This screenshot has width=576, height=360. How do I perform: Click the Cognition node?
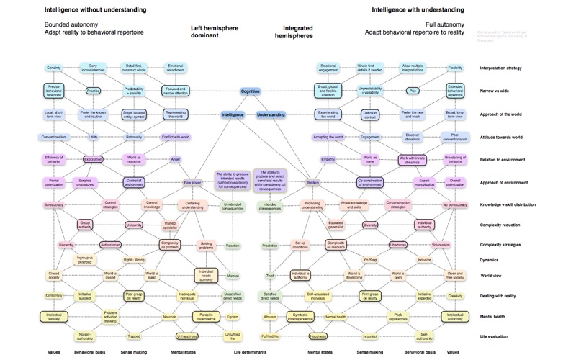(251, 91)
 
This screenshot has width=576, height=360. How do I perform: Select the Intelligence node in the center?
(233, 114)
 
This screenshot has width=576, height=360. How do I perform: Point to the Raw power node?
(192, 182)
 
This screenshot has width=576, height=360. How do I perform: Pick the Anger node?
(175, 159)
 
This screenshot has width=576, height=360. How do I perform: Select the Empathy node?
(328, 159)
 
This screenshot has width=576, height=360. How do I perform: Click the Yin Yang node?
(369, 259)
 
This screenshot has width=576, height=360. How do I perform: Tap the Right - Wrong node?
(134, 259)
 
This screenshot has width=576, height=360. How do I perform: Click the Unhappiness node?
(187, 336)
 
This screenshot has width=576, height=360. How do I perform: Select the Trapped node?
(134, 336)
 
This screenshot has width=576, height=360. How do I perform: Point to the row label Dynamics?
(492, 259)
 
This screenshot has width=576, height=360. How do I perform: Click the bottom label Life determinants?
(250, 353)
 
